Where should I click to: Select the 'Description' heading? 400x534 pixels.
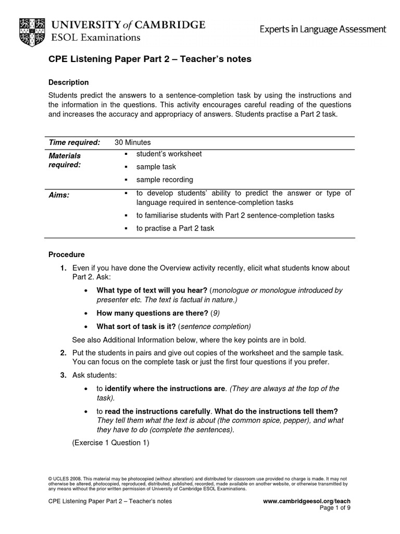click(68, 82)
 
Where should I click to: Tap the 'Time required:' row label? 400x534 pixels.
click(74, 142)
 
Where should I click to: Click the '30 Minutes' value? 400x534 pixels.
click(133, 142)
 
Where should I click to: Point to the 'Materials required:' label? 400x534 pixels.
click(65, 160)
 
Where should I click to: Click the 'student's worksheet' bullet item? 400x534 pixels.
click(169, 154)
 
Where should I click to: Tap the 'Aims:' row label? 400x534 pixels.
click(59, 195)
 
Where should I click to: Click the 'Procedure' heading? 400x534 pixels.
click(66, 254)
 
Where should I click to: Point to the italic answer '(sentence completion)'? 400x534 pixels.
click(214, 326)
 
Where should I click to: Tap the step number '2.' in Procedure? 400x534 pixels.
click(63, 353)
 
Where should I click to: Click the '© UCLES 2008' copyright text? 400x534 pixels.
click(65, 478)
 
